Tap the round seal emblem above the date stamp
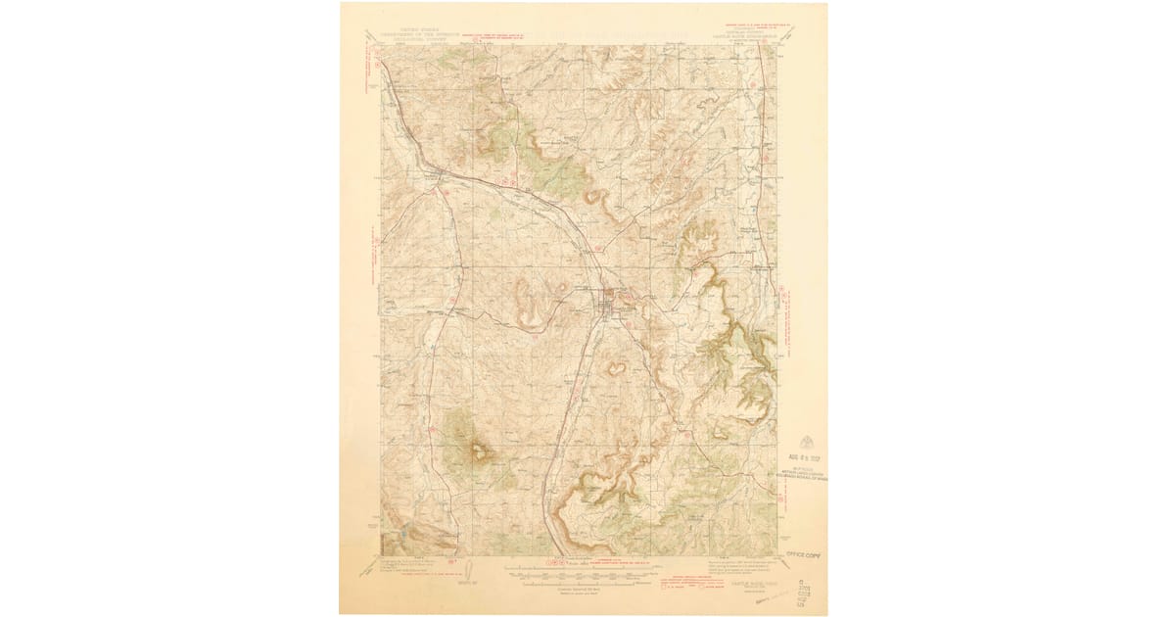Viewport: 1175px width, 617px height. (804, 438)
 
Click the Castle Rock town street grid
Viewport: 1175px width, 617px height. (609, 306)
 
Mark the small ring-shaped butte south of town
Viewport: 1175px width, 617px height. (618, 369)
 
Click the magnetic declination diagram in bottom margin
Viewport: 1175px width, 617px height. (469, 570)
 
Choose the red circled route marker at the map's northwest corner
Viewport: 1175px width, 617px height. (379, 65)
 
